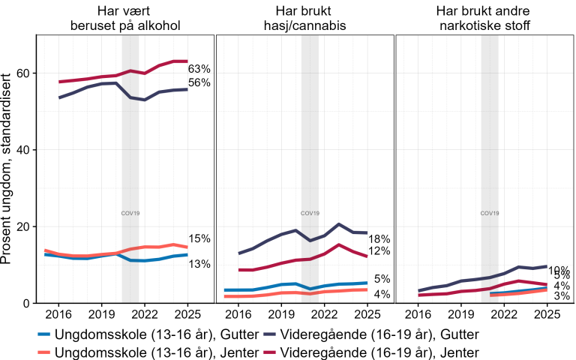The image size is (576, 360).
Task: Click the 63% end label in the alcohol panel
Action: click(199, 69)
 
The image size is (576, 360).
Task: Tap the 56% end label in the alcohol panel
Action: click(199, 83)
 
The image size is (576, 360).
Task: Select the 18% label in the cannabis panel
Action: click(379, 238)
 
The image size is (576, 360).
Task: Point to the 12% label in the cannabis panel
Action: click(379, 251)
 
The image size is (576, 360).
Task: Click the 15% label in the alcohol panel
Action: click(199, 238)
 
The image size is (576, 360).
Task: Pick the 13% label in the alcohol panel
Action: click(199, 264)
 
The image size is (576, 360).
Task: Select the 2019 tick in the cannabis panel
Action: click(281, 314)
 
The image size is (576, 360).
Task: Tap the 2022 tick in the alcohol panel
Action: click(145, 314)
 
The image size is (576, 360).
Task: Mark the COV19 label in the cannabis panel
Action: click(310, 213)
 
